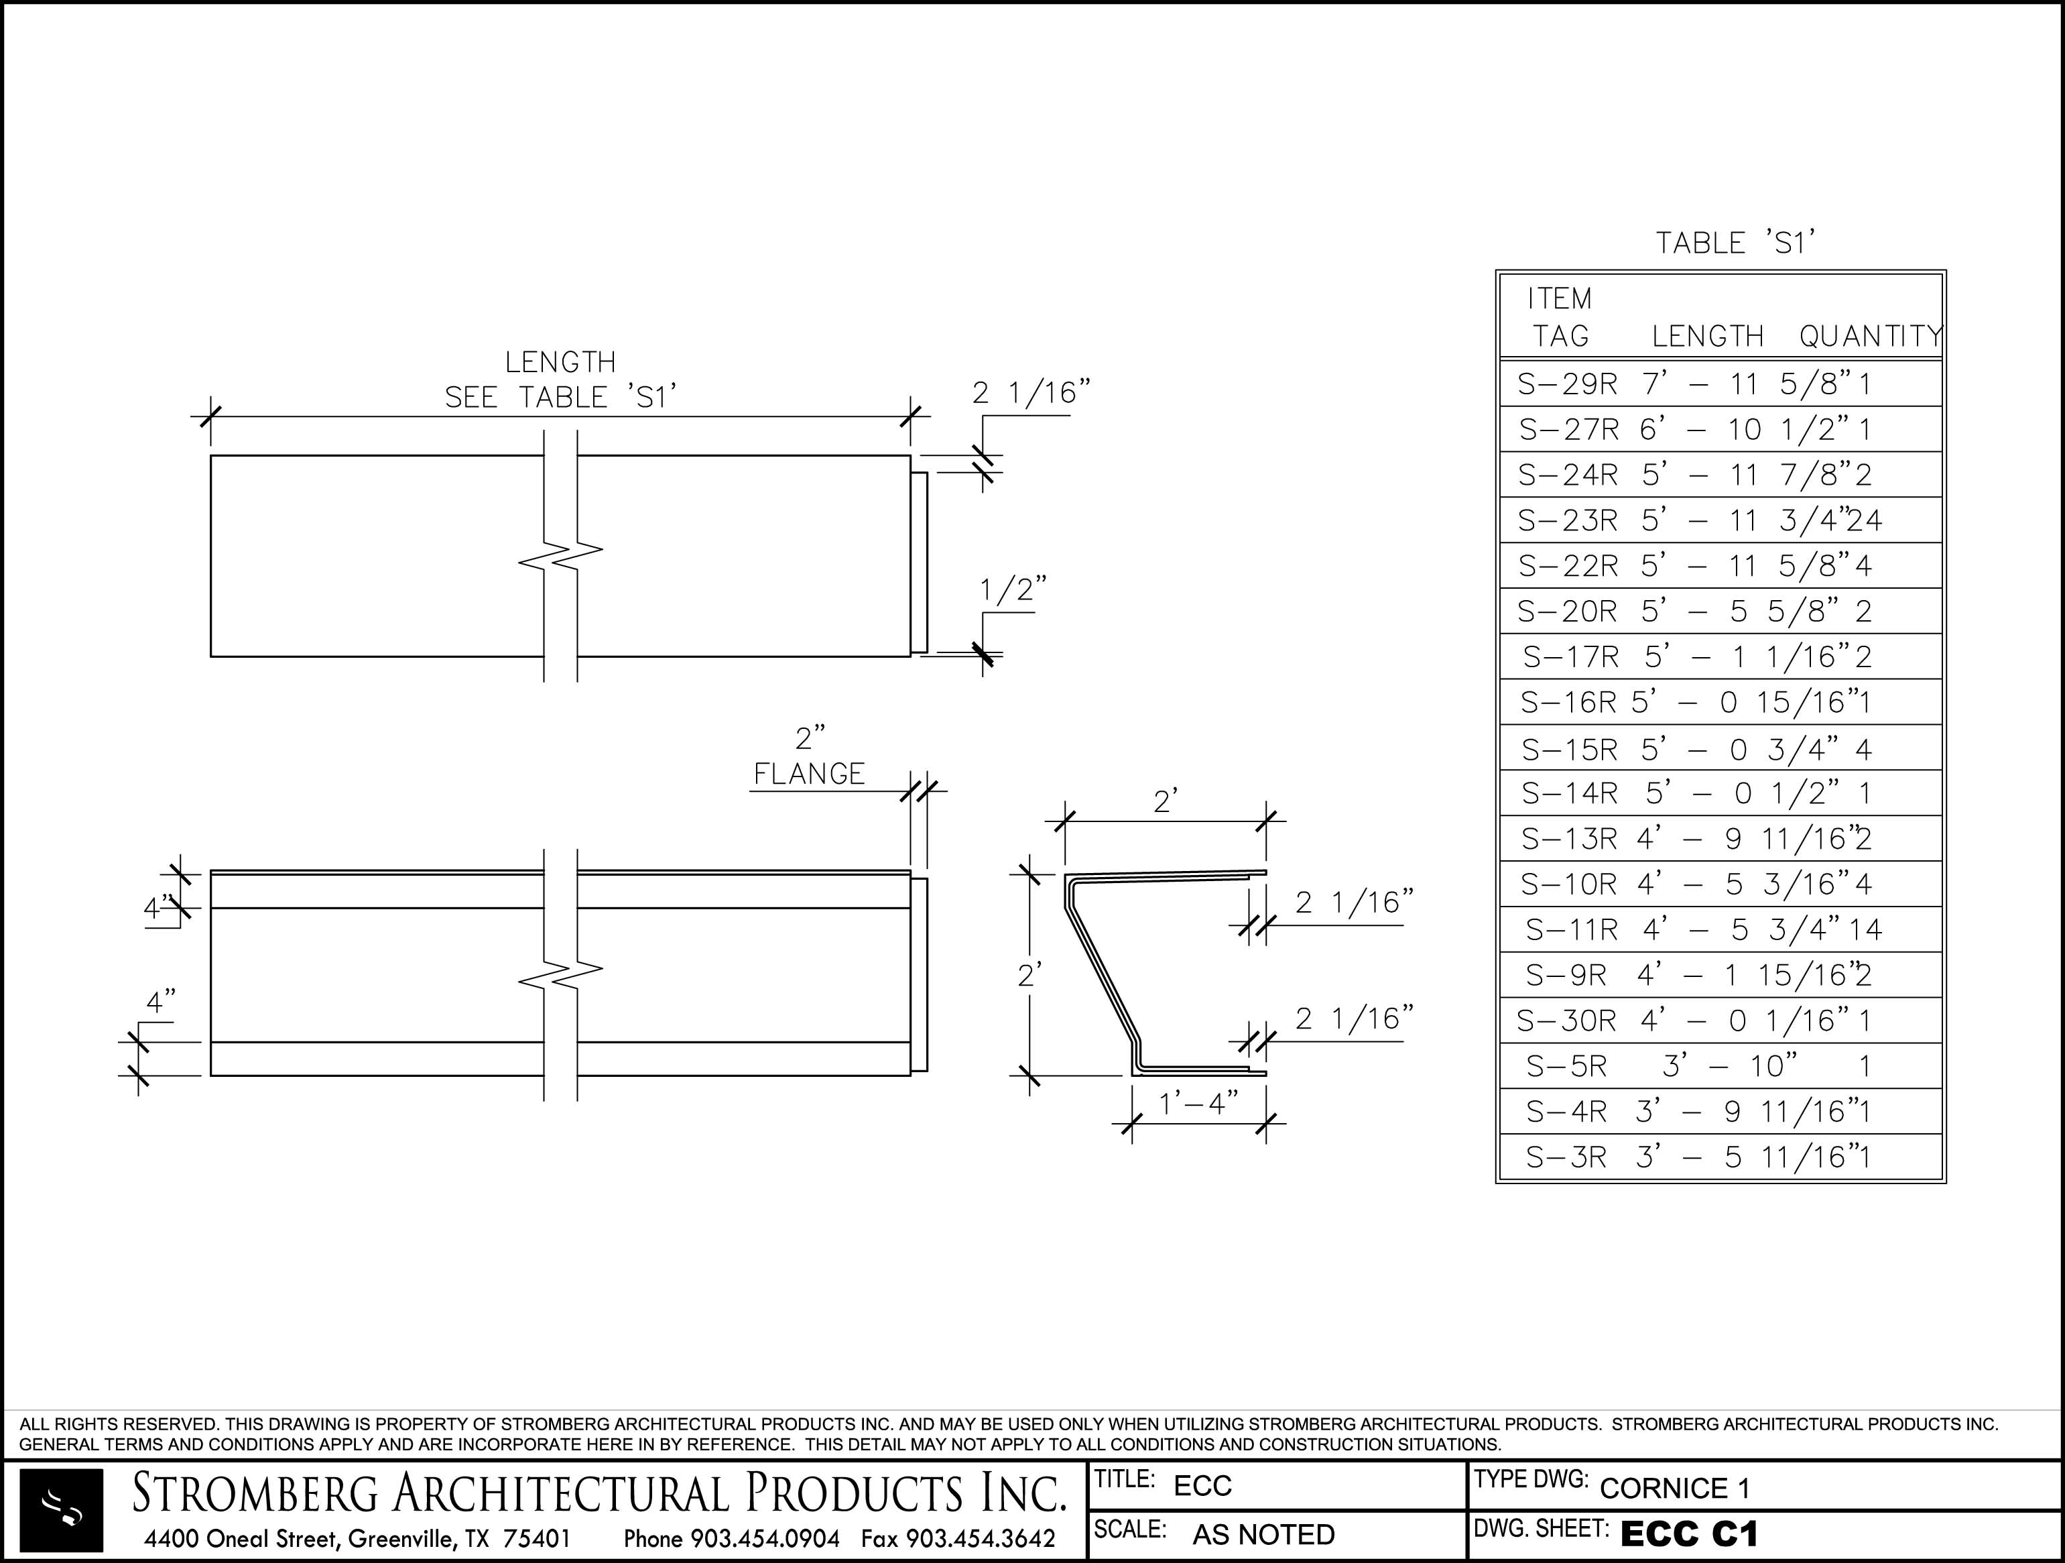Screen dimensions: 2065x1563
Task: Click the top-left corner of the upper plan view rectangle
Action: pos(211,456)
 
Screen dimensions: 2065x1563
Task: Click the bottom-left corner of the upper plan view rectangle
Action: pos(211,656)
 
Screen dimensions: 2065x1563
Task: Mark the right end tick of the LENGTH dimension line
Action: pos(910,416)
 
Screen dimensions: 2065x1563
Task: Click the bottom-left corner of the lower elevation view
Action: pos(211,1076)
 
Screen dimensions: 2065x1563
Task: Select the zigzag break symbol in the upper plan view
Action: pos(560,556)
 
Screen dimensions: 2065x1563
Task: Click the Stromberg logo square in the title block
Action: pos(62,1511)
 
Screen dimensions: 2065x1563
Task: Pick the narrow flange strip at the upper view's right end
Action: pos(919,562)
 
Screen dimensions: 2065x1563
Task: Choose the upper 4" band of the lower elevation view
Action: pos(560,890)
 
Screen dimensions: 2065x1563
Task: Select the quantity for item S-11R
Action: pos(1865,929)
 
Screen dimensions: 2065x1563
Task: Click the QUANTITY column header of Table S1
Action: pos(1871,336)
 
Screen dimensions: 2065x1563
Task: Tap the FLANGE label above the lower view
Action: pos(810,774)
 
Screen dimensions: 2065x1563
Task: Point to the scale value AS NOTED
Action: pos(1263,1535)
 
